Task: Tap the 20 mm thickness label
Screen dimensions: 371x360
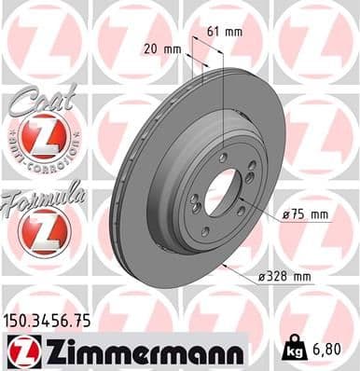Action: coord(161,48)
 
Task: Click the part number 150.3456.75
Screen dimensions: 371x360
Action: coord(48,319)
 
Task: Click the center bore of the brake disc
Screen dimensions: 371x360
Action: coord(223,195)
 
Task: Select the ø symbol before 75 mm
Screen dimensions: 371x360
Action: coord(284,214)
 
